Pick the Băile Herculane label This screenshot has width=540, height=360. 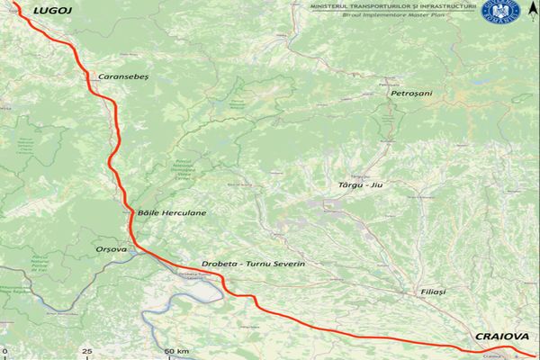[x=172, y=212]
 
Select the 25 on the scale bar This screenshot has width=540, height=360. [x=86, y=350]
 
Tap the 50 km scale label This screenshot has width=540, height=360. [x=176, y=350]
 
